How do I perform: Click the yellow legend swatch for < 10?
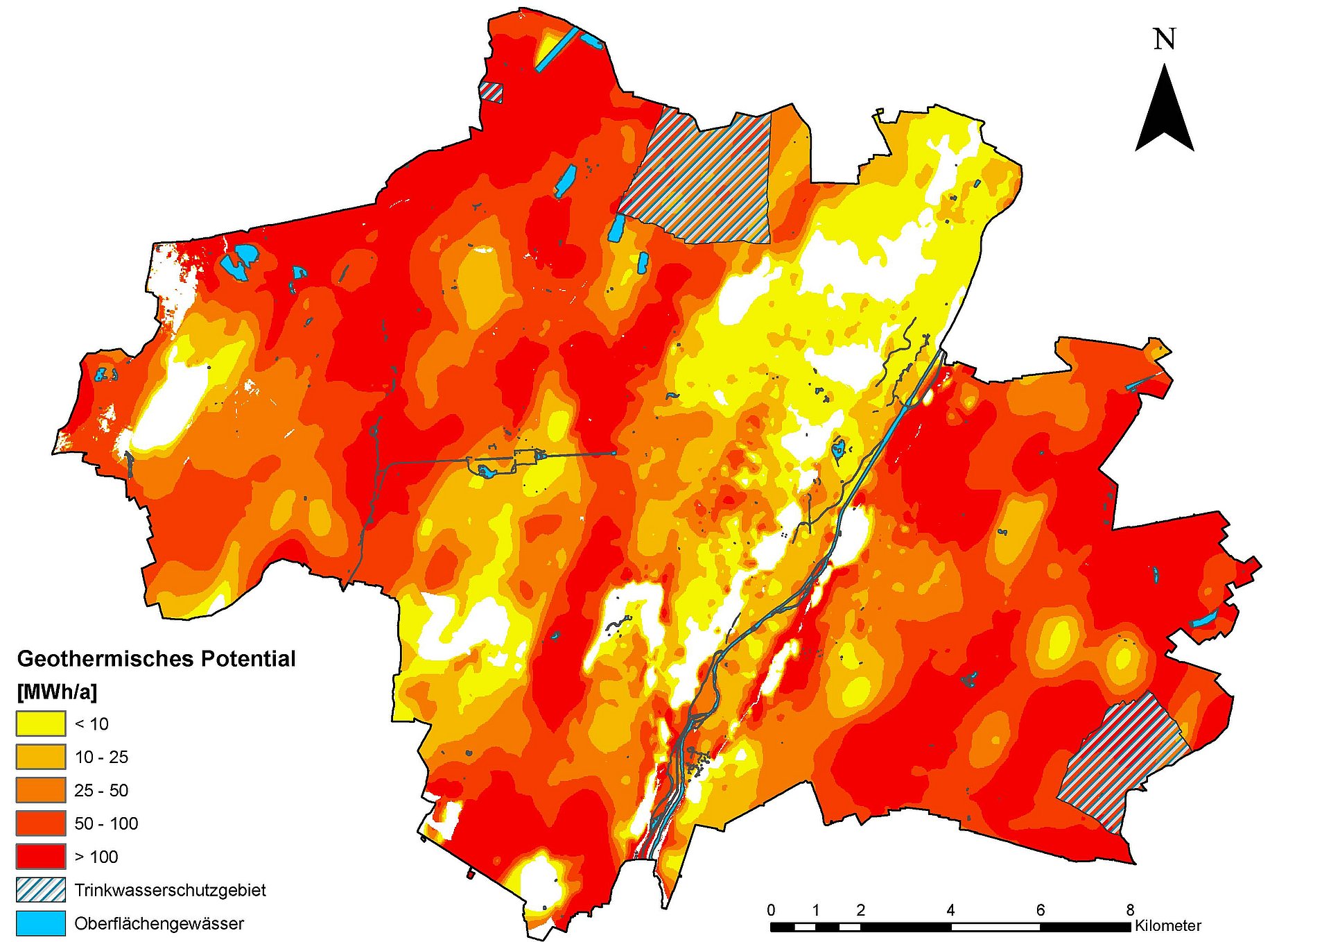pos(40,723)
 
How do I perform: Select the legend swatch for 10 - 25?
pos(40,757)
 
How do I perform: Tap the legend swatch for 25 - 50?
pos(40,790)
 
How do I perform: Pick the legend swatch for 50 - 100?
pos(40,823)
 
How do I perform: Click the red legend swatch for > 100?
pos(40,857)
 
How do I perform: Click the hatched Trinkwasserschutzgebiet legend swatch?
pos(40,890)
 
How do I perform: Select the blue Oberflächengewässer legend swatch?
pos(40,923)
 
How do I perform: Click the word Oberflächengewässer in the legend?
pos(159,924)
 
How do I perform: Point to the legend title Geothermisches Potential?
pos(156,658)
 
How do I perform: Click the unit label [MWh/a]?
pos(57,692)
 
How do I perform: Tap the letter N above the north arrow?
pos(1165,40)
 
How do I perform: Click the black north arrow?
pos(1165,114)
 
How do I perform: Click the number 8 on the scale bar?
pos(1130,910)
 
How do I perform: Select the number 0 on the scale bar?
pos(772,910)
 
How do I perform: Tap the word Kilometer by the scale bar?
pos(1168,926)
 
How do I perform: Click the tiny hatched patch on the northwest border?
pos(491,92)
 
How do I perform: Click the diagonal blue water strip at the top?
pos(556,49)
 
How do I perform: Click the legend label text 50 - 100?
pos(106,823)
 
